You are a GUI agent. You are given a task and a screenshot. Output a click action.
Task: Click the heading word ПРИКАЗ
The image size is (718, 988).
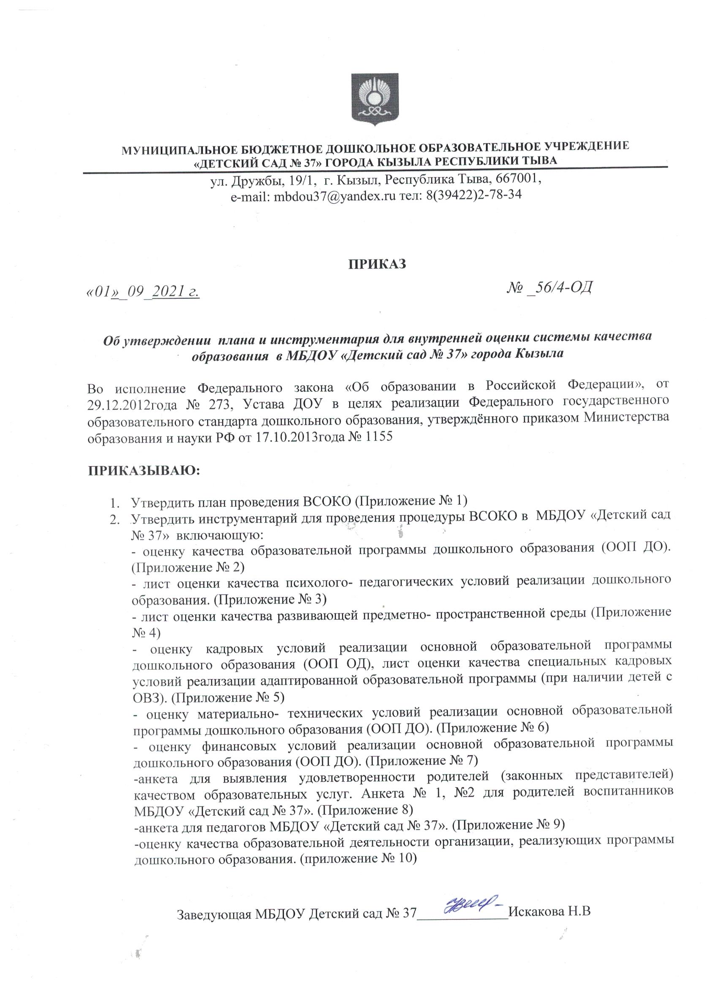[x=377, y=265]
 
